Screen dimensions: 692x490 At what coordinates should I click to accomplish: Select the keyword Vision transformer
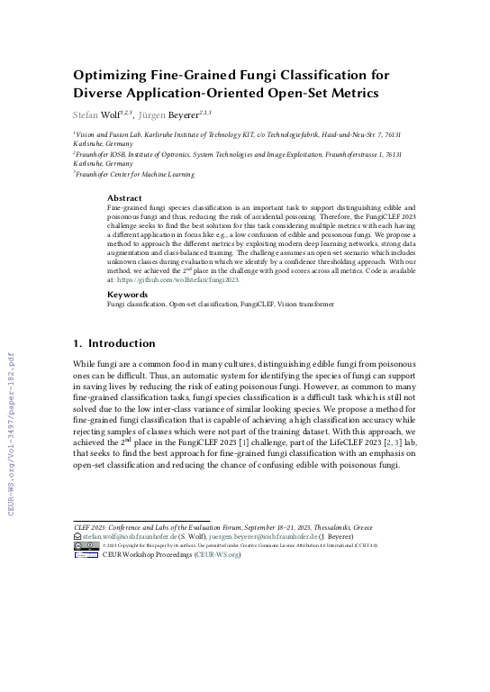pyautogui.click(x=309, y=306)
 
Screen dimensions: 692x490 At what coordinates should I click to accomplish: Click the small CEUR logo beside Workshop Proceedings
pyautogui.click(x=86, y=555)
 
